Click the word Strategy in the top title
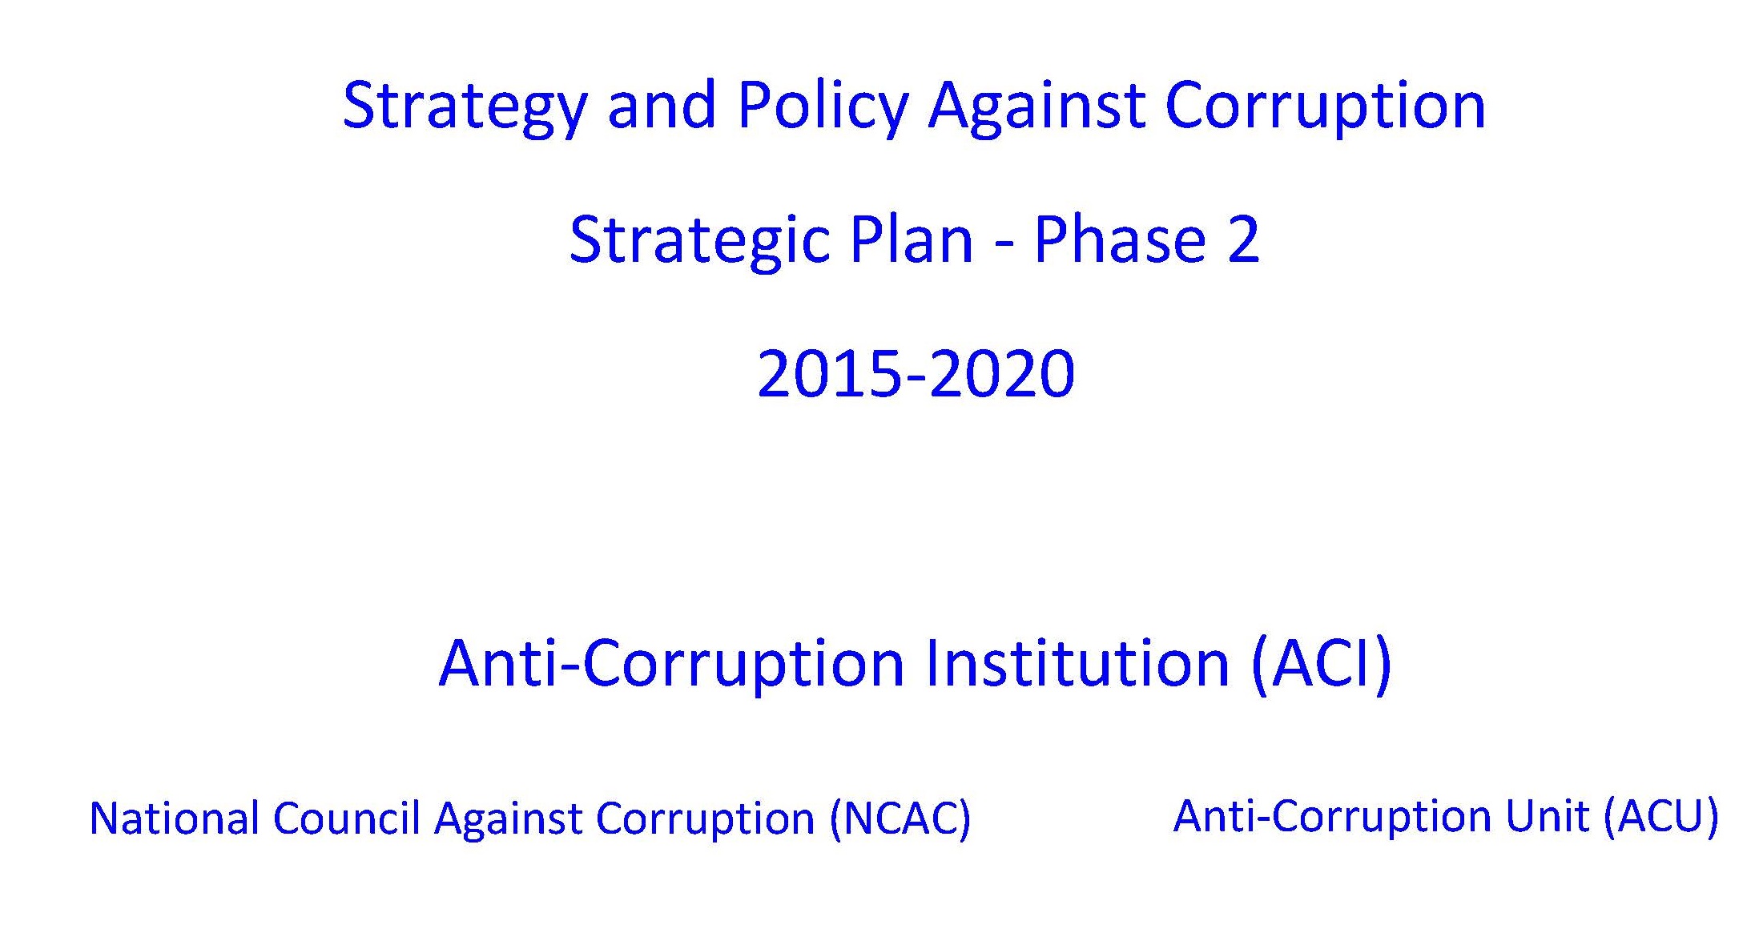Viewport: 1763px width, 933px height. click(465, 108)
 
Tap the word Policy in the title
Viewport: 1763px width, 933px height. click(823, 107)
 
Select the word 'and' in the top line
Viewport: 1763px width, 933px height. click(662, 104)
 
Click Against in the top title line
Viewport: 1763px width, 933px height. click(1037, 107)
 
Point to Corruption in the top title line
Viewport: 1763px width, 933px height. click(1326, 107)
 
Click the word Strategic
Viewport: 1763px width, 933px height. click(698, 242)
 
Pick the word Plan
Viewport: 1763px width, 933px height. click(911, 239)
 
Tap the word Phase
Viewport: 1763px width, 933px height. click(1120, 239)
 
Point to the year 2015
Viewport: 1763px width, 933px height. click(830, 373)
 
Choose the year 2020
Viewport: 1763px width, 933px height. click(1002, 373)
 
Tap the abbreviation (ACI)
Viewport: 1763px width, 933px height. click(1322, 664)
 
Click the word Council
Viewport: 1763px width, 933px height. click(346, 818)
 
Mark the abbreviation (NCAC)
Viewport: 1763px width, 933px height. click(900, 819)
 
